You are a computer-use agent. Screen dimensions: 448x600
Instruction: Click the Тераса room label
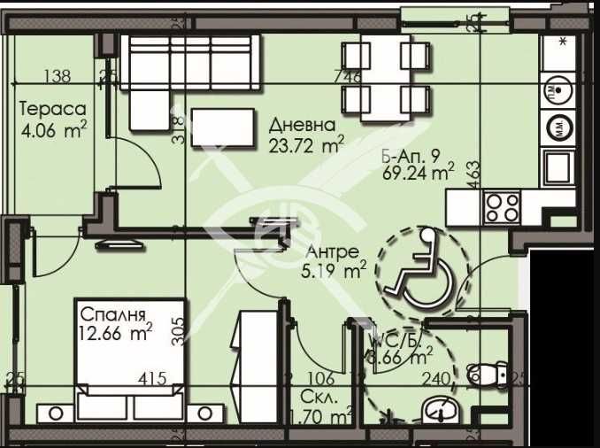tap(54, 110)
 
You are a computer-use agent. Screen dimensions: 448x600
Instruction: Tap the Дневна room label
tap(303, 125)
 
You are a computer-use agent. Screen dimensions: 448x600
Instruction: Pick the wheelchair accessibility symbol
tap(417, 266)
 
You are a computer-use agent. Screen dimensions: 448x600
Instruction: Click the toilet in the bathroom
tap(487, 375)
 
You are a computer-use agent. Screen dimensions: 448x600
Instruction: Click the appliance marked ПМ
tap(559, 89)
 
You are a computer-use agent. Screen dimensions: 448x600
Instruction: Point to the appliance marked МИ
tap(559, 127)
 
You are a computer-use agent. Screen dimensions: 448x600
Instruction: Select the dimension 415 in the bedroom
tap(153, 379)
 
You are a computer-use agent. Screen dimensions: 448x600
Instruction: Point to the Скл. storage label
tap(317, 395)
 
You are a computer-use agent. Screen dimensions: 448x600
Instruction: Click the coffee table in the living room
tap(222, 127)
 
